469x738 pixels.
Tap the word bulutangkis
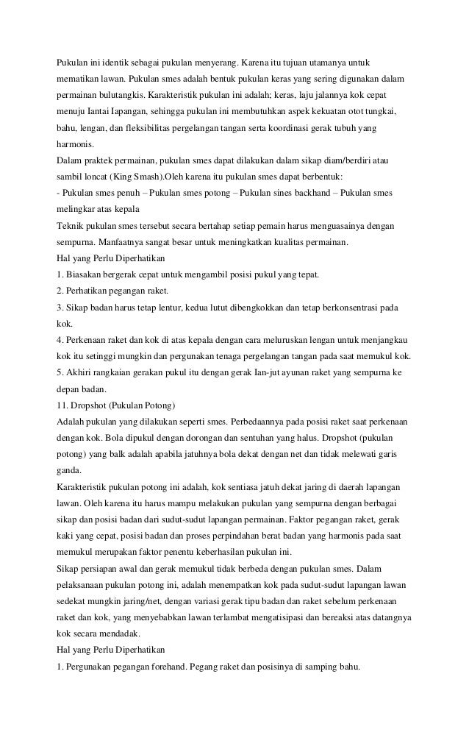tap(120, 96)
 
